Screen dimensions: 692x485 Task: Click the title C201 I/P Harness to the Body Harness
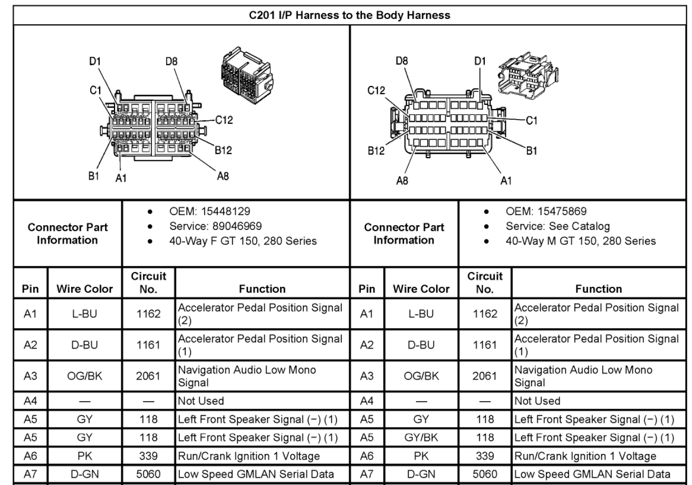349,15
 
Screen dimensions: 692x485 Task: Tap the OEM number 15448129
226,211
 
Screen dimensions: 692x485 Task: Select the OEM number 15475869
562,211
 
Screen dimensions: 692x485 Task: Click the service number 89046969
237,226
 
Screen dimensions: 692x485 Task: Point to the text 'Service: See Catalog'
558,227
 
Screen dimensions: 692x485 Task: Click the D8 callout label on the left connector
171,62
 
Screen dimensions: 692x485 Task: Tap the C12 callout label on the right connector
376,91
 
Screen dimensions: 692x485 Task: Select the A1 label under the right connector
506,181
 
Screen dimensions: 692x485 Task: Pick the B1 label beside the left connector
93,176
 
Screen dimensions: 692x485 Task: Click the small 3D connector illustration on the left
247,75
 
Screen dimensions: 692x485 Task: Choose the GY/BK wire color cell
421,438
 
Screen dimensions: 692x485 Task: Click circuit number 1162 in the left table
149,314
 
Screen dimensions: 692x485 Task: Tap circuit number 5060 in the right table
485,474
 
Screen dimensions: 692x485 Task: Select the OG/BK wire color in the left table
84,376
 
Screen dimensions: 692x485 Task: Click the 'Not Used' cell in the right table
537,401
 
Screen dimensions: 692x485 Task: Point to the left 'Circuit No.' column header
149,283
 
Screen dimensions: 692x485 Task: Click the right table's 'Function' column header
599,289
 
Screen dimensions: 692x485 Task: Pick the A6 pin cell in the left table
30,456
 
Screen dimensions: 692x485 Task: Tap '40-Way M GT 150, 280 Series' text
581,241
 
